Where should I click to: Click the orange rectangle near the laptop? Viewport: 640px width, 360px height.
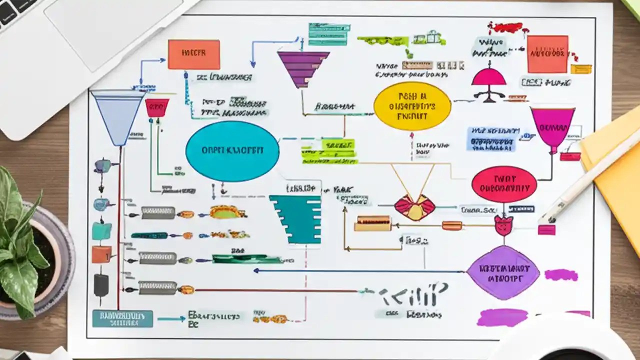[193, 54]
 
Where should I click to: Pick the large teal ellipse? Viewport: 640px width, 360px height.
[232, 151]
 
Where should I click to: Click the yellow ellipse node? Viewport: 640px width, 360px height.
[412, 106]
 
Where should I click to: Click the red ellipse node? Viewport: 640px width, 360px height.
[504, 184]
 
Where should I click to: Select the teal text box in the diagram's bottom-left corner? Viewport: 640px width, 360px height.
[122, 318]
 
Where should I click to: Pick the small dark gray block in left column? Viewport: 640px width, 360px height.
[101, 284]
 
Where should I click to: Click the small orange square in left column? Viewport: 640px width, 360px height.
[101, 254]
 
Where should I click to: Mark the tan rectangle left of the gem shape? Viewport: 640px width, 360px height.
[372, 223]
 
